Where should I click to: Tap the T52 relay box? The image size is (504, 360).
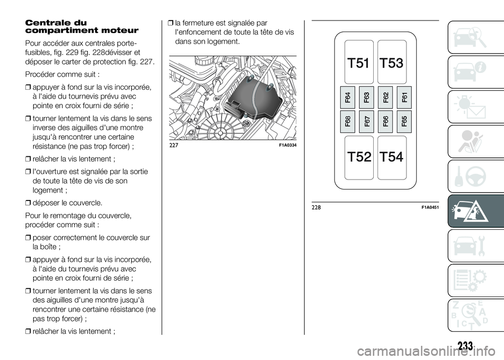pyautogui.click(x=360, y=156)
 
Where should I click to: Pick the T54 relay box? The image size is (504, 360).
pyautogui.click(x=392, y=156)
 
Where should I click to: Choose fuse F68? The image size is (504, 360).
pyautogui.click(x=349, y=121)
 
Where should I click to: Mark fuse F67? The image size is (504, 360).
pyautogui.click(x=367, y=121)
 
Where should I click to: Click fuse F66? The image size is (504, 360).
pyautogui.click(x=386, y=121)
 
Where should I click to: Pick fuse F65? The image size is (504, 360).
pyautogui.click(x=404, y=121)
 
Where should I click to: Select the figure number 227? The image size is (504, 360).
pyautogui.click(x=174, y=145)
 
